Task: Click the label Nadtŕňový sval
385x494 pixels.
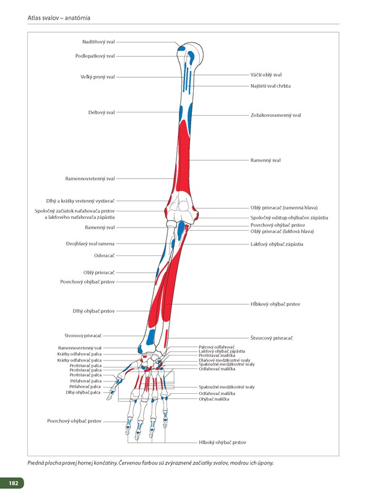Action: coord(98,42)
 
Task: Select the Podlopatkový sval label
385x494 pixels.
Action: coord(95,56)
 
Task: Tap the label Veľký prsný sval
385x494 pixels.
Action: coord(97,77)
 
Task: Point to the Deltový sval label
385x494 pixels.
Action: coord(102,113)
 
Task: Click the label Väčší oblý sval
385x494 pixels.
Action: coord(266,75)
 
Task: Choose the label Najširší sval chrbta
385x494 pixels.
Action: coord(270,86)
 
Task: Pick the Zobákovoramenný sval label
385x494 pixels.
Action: coord(275,115)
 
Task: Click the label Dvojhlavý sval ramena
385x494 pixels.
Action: coord(90,244)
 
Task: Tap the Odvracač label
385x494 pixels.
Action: coord(104,255)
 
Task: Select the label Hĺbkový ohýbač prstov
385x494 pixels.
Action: coord(275,304)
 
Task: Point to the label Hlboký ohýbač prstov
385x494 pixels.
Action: coord(222,443)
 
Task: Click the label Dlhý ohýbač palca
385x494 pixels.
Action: coord(83,393)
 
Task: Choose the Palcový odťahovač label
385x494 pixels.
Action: coord(216,347)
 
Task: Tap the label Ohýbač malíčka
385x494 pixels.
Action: coord(214,399)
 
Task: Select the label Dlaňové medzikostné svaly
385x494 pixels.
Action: coord(224,360)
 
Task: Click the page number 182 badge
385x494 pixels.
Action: coord(12,482)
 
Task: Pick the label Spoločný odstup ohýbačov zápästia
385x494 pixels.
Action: coord(289,218)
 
